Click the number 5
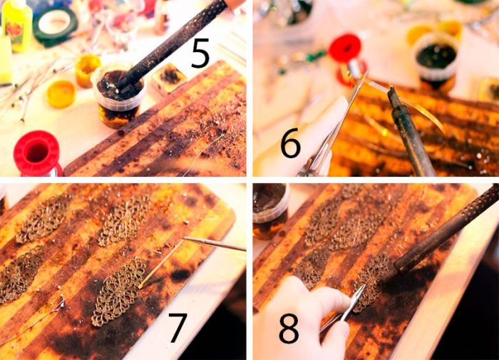click(x=200, y=53)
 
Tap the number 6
click(x=290, y=143)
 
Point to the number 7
click(x=177, y=328)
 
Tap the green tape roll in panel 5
click(x=56, y=24)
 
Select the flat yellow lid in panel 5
click(x=61, y=94)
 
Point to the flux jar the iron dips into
click(x=118, y=97)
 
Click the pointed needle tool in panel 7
click(x=214, y=244)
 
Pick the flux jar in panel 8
click(x=270, y=212)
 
